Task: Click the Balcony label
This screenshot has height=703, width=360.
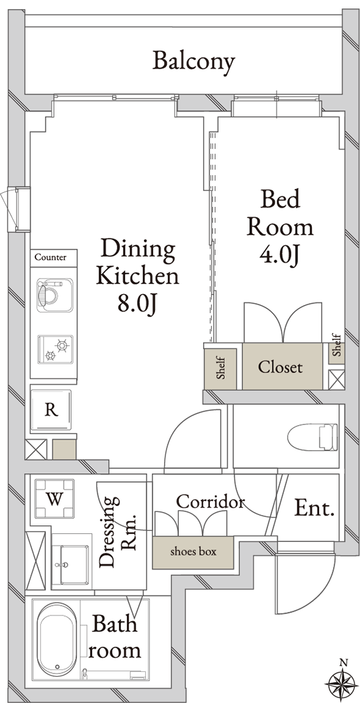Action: coord(193,62)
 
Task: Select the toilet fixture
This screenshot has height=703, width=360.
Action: coord(312,437)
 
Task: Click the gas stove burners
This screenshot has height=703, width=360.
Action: coord(54,349)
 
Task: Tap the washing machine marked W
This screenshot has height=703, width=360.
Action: coord(54,498)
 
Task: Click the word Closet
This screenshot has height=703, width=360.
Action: coord(280,367)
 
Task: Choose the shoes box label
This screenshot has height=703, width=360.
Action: coord(193,552)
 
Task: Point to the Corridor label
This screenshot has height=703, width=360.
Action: coord(210,502)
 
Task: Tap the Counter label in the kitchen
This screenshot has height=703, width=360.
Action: coord(50,257)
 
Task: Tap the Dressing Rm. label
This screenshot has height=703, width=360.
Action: coord(118,532)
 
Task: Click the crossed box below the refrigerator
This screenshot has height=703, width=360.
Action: coord(36,449)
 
